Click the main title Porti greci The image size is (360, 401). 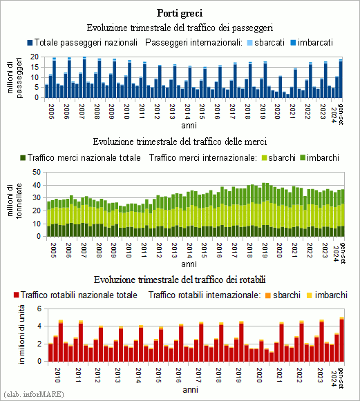coord(180,13)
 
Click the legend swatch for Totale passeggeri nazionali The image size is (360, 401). coord(30,43)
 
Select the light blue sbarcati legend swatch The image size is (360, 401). coord(250,43)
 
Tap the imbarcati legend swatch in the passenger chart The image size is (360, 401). coord(293,43)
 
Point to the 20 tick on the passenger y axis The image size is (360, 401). coord(34,57)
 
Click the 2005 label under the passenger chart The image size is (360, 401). coord(51,111)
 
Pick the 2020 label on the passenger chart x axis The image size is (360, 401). coord(277,111)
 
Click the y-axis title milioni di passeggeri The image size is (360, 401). coord(15,77)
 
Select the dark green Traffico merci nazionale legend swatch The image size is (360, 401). coord(23,158)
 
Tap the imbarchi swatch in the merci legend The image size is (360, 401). coord(303,158)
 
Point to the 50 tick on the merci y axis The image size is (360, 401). coord(37,172)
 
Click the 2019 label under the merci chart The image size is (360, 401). coord(265,250)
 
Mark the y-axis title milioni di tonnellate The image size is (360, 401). coord(15,201)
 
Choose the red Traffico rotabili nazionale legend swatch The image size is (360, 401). coord(17,295)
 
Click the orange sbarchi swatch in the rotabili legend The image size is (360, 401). coord(268,295)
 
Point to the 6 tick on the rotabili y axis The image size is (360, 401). coord(39,309)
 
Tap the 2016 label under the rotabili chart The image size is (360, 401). coord(178,375)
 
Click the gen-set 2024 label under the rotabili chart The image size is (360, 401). coord(337,378)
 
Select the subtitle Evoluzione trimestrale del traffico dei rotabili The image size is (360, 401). coord(180,280)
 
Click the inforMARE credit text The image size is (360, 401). coord(34,394)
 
